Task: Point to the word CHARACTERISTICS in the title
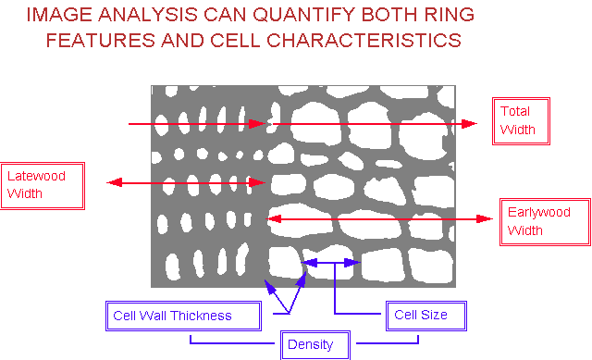(x=364, y=41)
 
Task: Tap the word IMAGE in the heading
(x=59, y=15)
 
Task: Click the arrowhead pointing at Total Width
(x=469, y=123)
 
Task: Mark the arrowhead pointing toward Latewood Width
(x=115, y=183)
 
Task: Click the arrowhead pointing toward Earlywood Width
(x=485, y=218)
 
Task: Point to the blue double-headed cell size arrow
(x=331, y=263)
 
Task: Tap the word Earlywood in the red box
(x=538, y=213)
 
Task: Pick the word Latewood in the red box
(x=36, y=176)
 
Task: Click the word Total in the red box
(x=515, y=111)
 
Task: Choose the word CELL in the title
(x=235, y=41)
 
